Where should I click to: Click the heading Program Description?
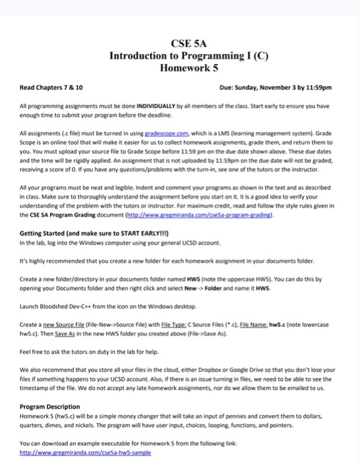tap(50, 407)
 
